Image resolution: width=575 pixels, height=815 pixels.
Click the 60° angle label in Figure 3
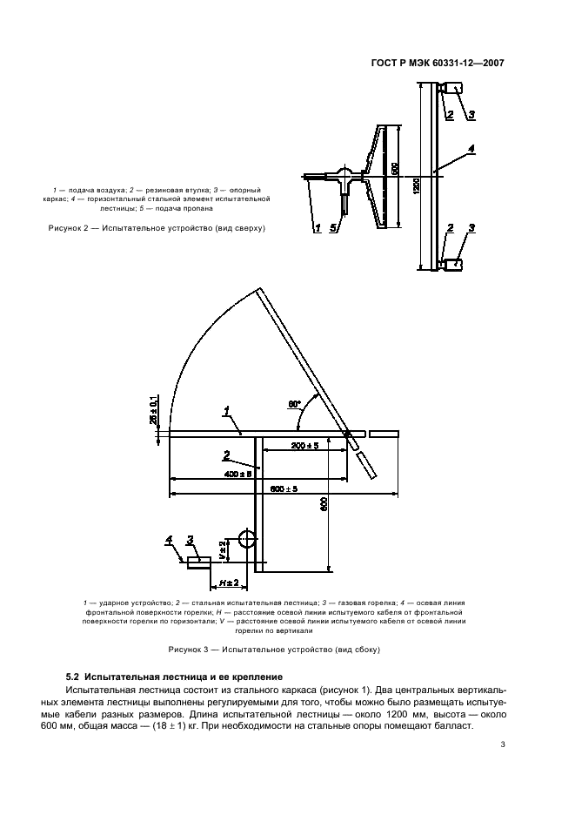click(295, 404)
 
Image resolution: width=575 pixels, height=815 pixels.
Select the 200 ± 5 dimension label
click(282, 445)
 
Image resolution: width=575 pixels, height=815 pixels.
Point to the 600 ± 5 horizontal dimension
click(284, 489)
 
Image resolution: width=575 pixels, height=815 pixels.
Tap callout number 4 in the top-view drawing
click(471, 149)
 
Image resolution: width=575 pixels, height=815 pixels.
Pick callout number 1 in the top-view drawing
click(318, 228)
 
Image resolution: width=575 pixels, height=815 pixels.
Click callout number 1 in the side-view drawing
click(226, 409)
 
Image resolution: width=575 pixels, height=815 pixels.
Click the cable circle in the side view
click(247, 540)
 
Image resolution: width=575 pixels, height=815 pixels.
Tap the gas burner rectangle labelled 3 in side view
click(199, 562)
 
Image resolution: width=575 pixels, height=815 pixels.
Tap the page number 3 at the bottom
click(503, 744)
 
